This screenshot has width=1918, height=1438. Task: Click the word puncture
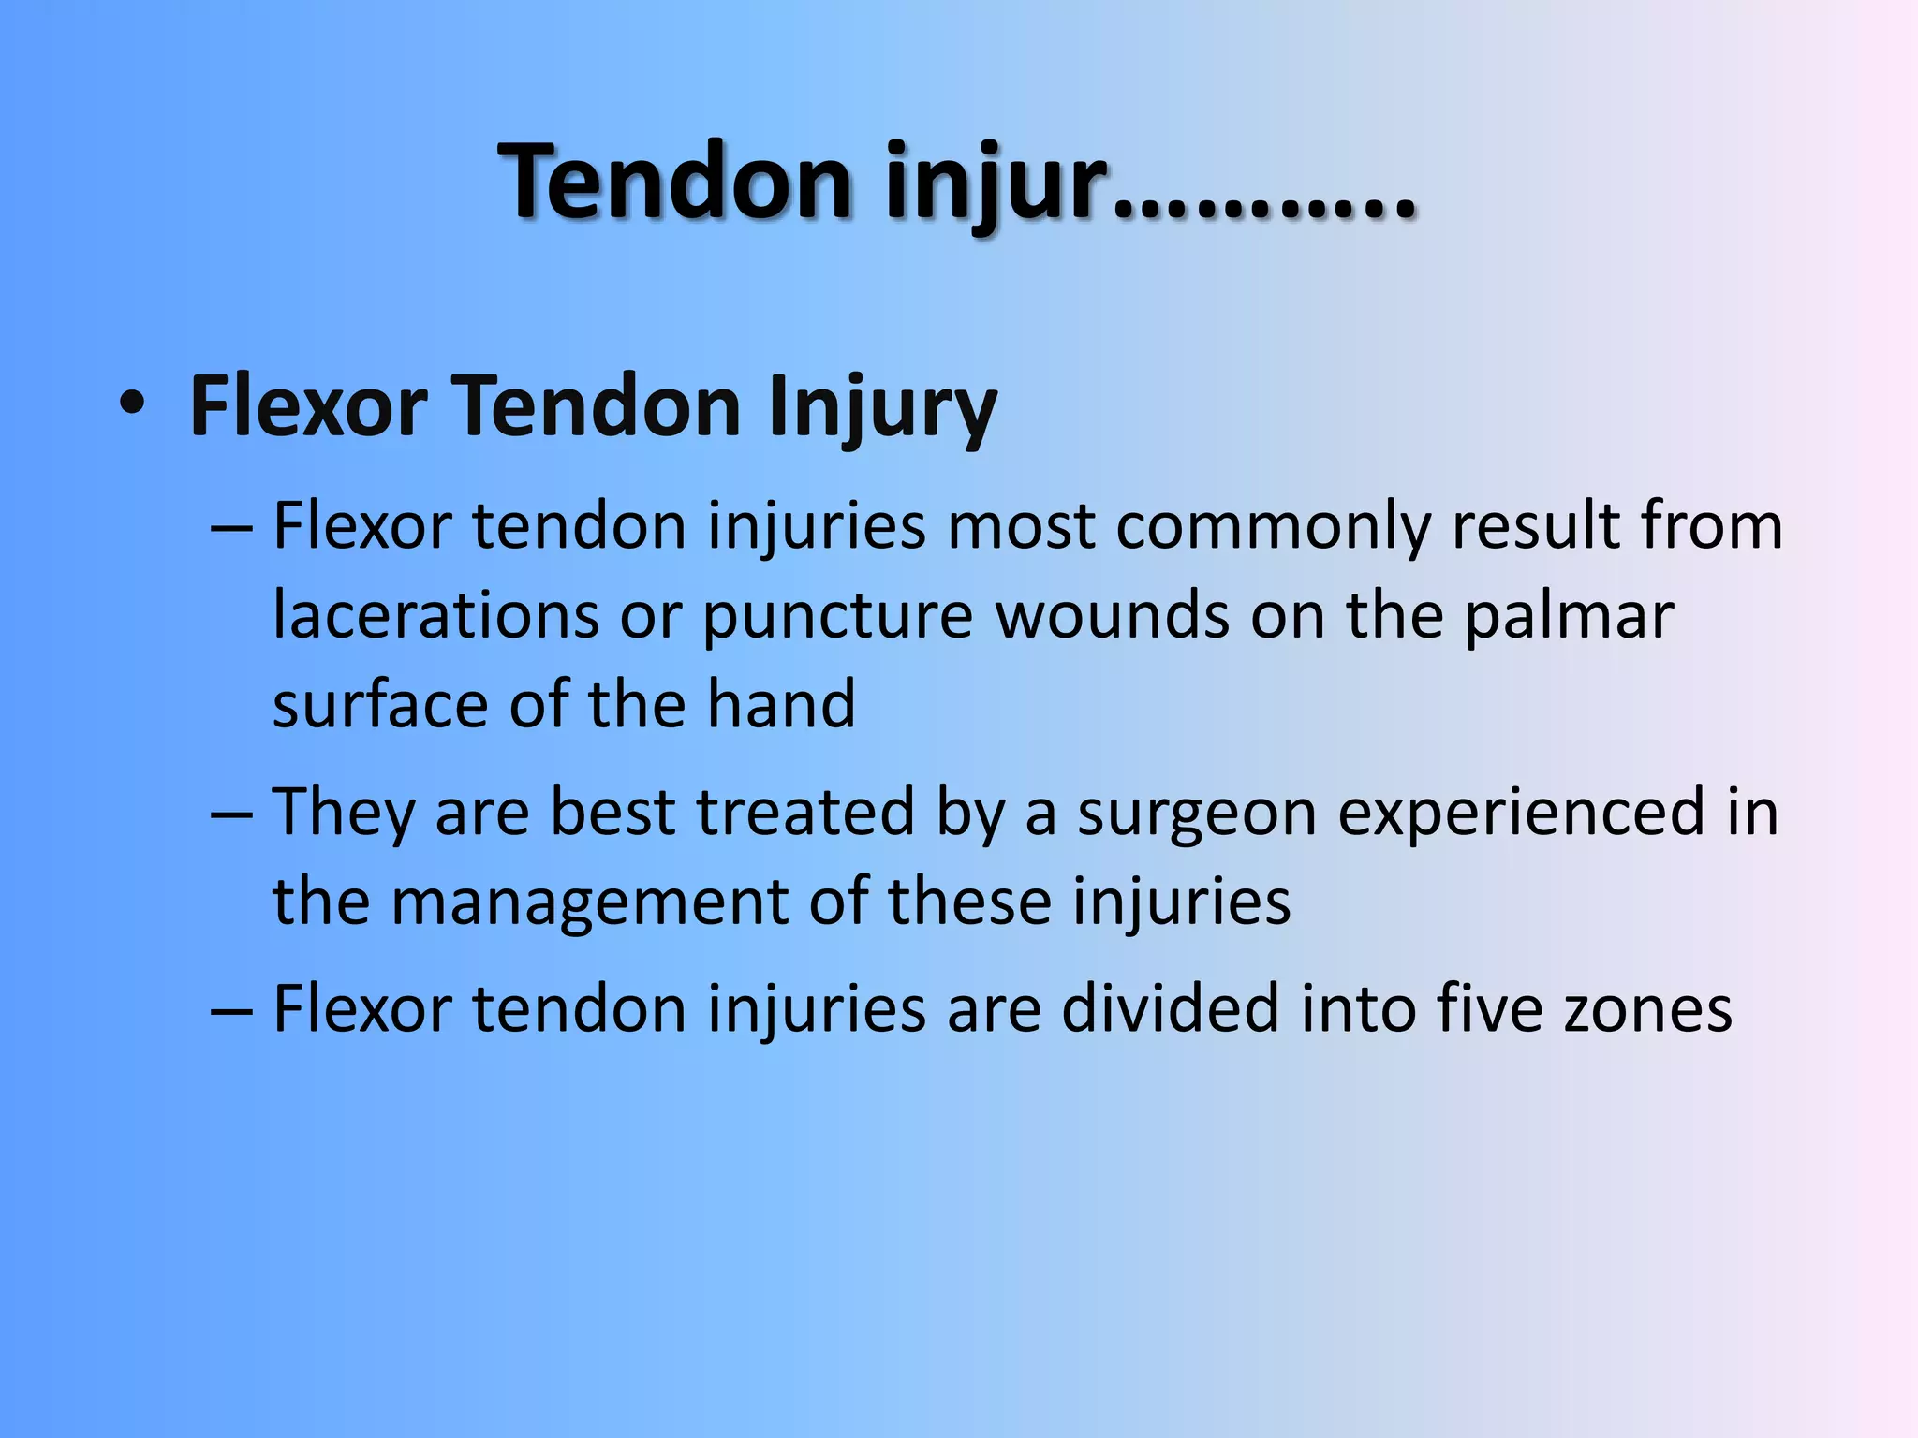tap(838, 618)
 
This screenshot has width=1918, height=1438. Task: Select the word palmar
tap(1569, 618)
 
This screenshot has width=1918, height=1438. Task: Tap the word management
tap(589, 902)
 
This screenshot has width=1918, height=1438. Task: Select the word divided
tap(1170, 1009)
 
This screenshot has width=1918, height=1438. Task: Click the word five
tap(1489, 1009)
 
